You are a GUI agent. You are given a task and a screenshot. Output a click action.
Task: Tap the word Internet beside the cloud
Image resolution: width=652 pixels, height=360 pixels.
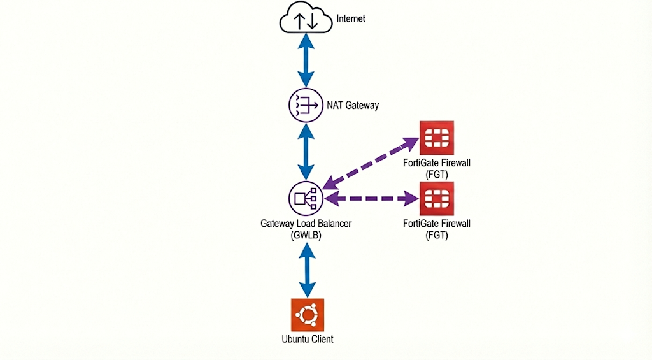(x=351, y=18)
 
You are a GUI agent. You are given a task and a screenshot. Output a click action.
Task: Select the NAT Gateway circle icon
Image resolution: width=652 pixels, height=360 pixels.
(x=306, y=104)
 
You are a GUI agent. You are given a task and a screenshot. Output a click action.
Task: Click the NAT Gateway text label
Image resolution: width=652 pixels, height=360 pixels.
(x=352, y=105)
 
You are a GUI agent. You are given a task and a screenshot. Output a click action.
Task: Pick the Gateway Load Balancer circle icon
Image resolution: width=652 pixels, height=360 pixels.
(x=306, y=198)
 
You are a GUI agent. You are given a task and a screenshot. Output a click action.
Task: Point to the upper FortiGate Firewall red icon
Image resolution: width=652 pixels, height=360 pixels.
(x=436, y=138)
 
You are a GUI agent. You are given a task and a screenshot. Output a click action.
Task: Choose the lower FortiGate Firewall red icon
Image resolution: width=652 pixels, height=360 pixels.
(x=436, y=198)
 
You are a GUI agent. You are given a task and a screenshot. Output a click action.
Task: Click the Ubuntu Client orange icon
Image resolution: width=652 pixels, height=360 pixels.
(x=307, y=315)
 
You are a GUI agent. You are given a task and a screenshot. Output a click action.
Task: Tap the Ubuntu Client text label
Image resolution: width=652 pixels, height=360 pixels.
(x=307, y=339)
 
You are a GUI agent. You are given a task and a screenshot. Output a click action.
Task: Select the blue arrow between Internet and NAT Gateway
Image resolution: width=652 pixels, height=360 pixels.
(x=307, y=61)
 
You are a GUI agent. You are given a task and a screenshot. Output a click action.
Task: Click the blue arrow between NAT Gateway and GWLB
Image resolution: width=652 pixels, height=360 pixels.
(x=307, y=152)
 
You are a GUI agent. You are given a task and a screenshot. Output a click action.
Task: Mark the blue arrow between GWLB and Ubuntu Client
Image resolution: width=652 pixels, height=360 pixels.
(x=307, y=270)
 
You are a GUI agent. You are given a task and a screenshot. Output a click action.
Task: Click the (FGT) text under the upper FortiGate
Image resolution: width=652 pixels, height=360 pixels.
(x=436, y=173)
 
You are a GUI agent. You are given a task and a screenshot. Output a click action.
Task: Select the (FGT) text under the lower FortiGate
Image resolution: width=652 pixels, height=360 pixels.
(x=436, y=234)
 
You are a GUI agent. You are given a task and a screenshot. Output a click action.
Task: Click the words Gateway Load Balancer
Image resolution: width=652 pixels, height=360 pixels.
(x=306, y=224)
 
